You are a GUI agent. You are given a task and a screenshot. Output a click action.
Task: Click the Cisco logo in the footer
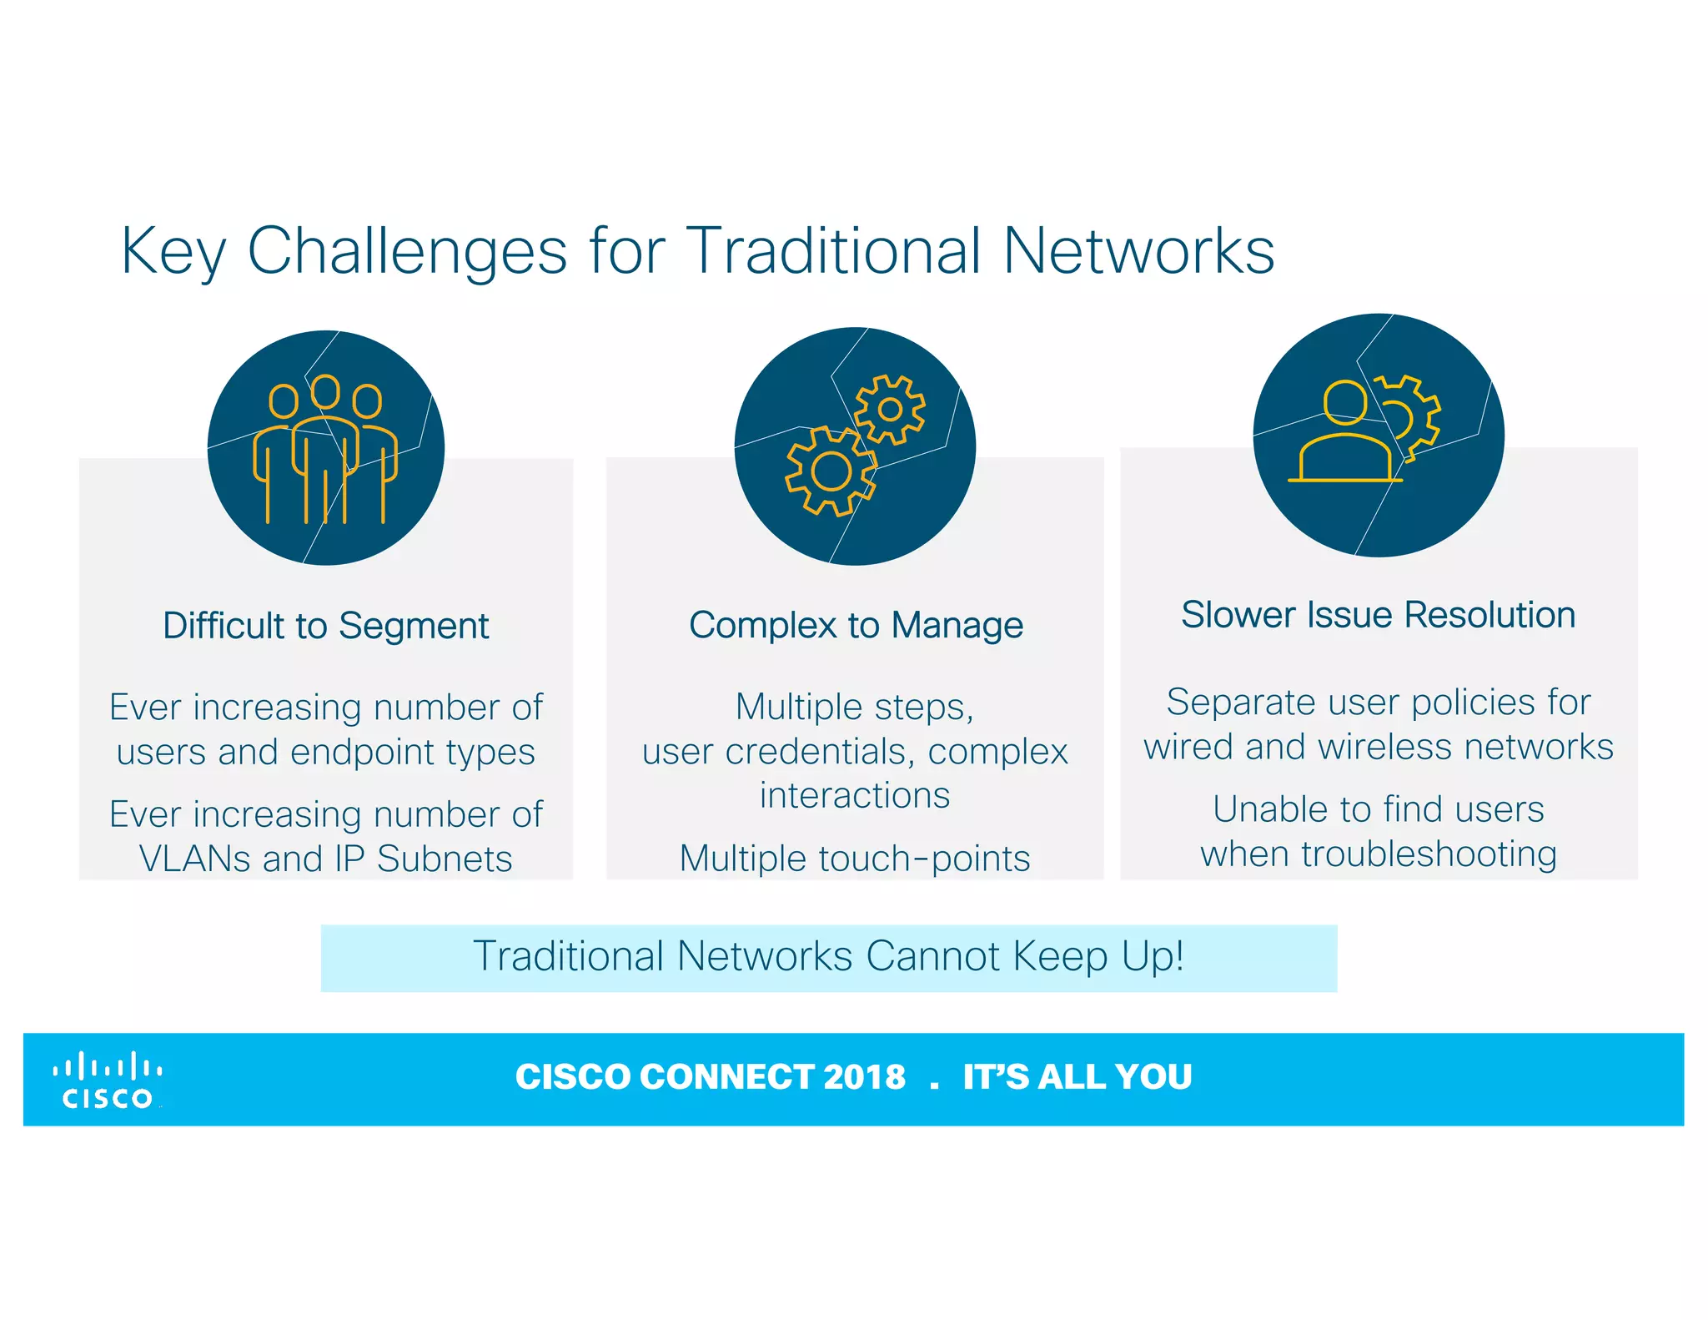pyautogui.click(x=108, y=1081)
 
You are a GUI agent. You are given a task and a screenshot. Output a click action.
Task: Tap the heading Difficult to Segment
pyautogui.click(x=325, y=626)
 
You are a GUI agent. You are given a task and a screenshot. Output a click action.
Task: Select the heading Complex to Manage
pyautogui.click(x=856, y=625)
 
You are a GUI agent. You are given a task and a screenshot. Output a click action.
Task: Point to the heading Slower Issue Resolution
pyautogui.click(x=1378, y=615)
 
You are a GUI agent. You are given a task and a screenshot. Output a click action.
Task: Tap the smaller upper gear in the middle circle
pyautogui.click(x=890, y=409)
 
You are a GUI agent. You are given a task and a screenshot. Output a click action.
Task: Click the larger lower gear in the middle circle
pyautogui.click(x=831, y=471)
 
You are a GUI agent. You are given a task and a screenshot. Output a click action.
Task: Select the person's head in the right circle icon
pyautogui.click(x=1344, y=402)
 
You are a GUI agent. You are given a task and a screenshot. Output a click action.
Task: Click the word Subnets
pyautogui.click(x=445, y=859)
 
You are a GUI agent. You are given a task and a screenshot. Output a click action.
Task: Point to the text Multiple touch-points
pyautogui.click(x=855, y=859)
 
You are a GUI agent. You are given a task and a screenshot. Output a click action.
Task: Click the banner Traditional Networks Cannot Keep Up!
pyautogui.click(x=828, y=957)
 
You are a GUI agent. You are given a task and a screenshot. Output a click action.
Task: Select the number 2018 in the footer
pyautogui.click(x=863, y=1076)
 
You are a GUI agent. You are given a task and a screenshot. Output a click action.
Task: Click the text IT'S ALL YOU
pyautogui.click(x=1077, y=1076)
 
